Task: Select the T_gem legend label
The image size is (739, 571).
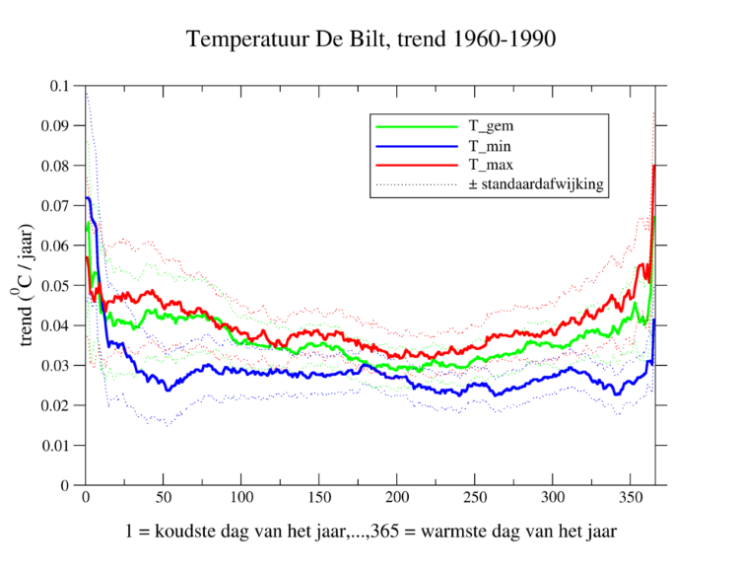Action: (x=490, y=126)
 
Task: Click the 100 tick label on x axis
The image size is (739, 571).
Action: (x=241, y=498)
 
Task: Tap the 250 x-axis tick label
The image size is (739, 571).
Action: (x=475, y=498)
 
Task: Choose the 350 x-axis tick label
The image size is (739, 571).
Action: (x=631, y=498)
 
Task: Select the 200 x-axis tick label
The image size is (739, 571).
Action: (x=397, y=498)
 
